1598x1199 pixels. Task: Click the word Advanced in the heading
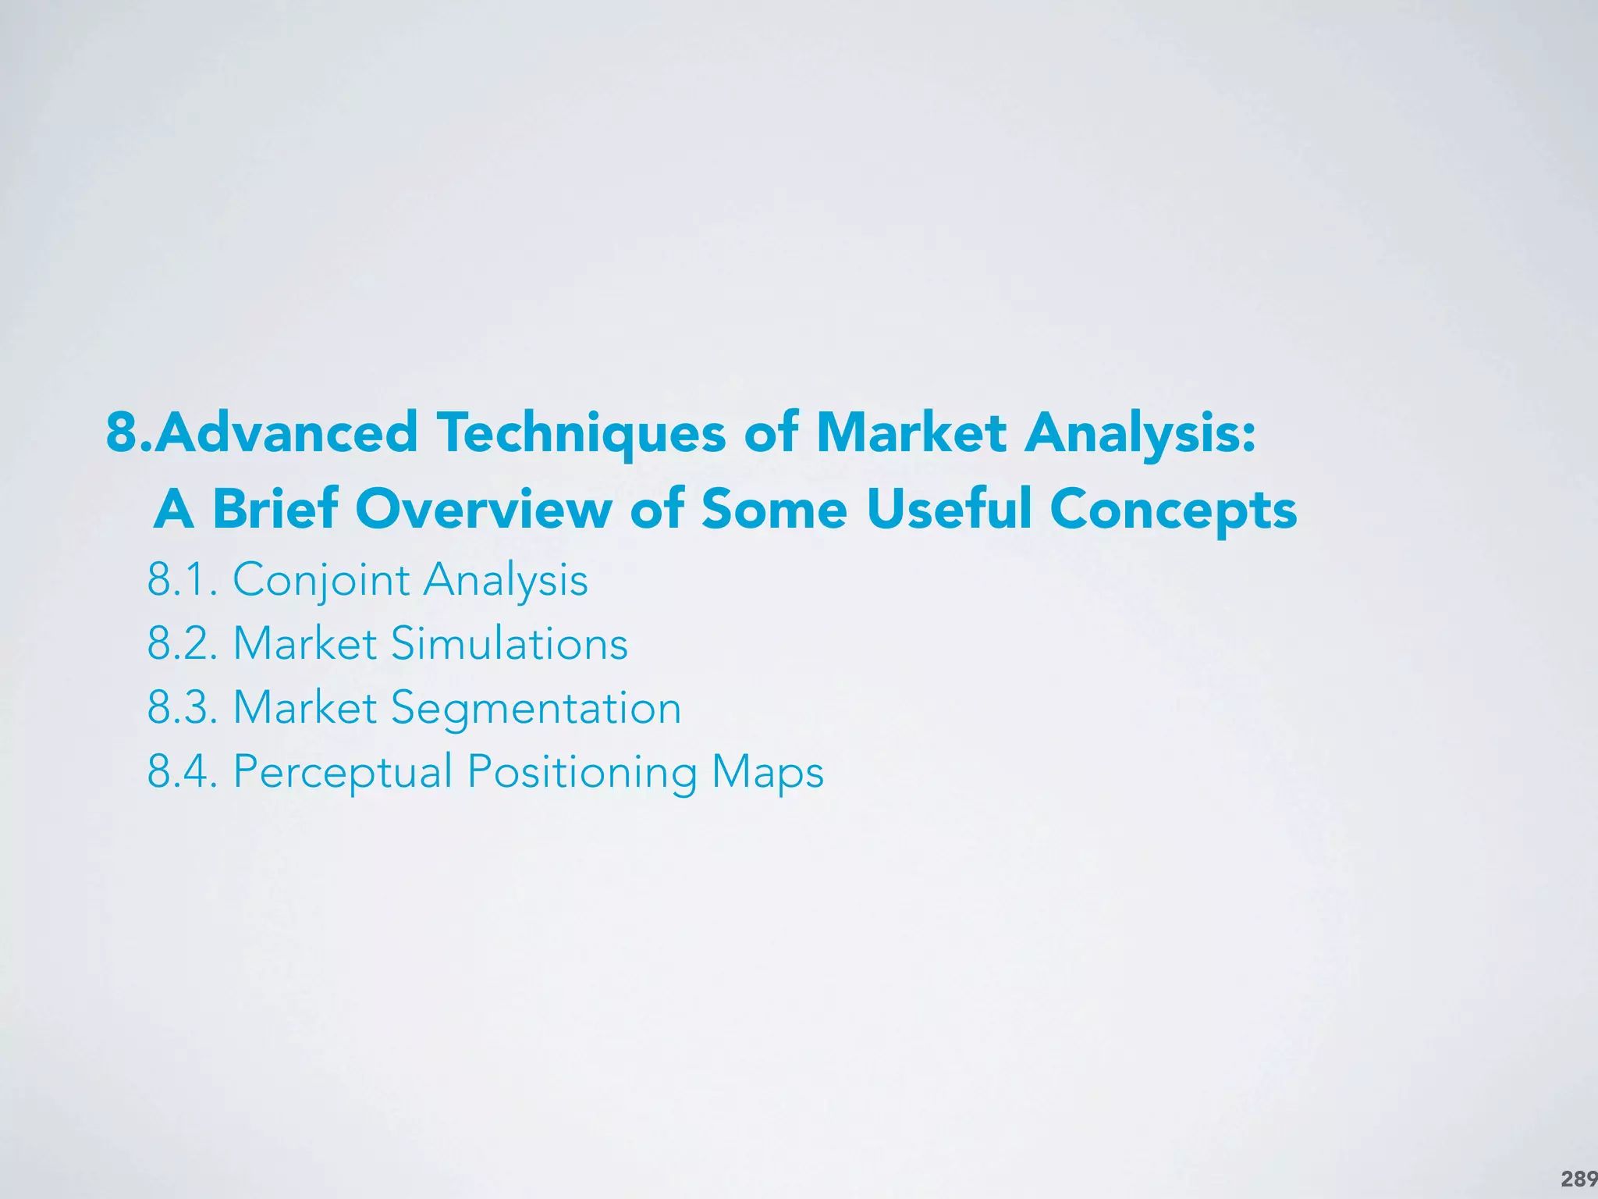(286, 432)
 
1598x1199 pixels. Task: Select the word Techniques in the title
(581, 434)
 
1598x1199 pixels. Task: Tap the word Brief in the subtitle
(275, 509)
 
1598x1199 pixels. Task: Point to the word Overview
(484, 509)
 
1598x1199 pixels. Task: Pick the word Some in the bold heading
(774, 509)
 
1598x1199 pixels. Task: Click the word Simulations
(509, 644)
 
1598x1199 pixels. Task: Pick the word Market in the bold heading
(911, 432)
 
